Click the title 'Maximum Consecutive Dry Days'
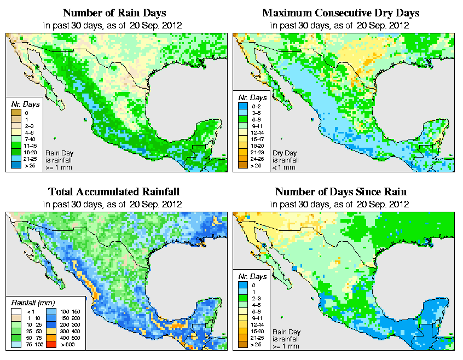tap(340, 13)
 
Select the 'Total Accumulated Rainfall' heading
tap(114, 192)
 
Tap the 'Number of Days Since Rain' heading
tap(340, 192)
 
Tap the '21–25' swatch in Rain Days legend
tap(16, 159)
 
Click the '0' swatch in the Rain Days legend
tap(16, 113)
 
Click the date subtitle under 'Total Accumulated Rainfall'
tap(114, 204)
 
